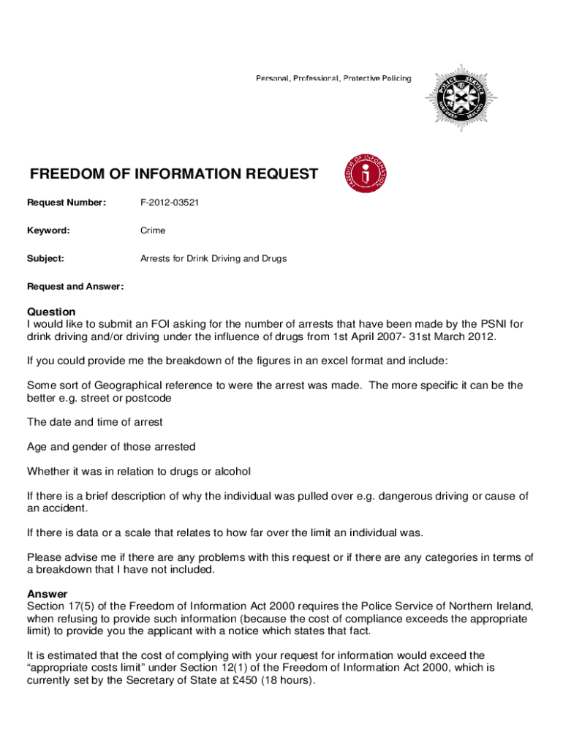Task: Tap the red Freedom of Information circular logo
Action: (x=367, y=174)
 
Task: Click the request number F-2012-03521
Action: (x=170, y=202)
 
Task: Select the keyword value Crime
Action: (x=153, y=230)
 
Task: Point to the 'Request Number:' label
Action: (x=67, y=202)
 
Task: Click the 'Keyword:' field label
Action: (x=49, y=230)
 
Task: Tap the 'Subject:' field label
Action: (x=46, y=258)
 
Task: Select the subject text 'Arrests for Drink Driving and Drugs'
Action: (x=214, y=258)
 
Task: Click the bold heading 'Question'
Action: (x=51, y=312)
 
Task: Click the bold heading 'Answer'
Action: (x=47, y=593)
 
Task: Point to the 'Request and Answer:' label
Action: (x=75, y=286)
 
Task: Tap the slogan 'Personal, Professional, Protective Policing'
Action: (x=333, y=78)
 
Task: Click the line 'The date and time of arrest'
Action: (x=94, y=422)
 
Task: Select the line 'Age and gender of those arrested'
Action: (x=111, y=446)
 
